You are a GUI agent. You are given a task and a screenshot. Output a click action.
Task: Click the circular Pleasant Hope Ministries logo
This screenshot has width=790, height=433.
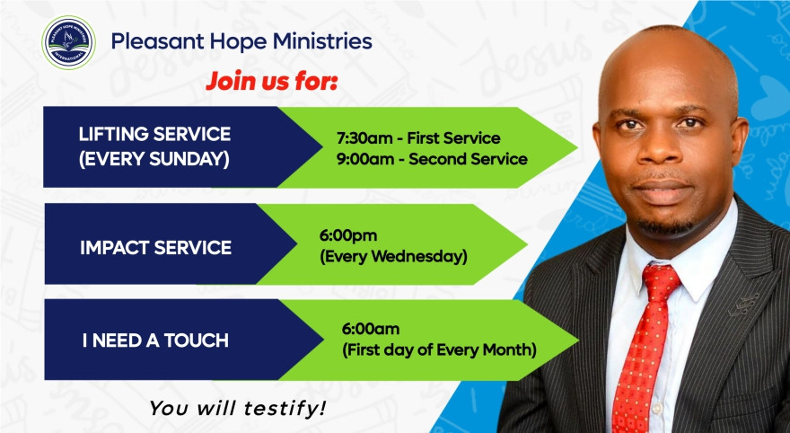[x=68, y=42]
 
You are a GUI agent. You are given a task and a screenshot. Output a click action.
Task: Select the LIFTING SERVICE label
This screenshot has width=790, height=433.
[x=154, y=134]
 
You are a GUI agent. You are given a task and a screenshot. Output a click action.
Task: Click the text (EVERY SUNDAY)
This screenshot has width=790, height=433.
[x=154, y=160]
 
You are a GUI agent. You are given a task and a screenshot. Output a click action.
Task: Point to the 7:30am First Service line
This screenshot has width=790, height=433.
[x=417, y=137]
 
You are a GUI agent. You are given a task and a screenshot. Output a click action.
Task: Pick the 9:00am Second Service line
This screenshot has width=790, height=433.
[x=431, y=159]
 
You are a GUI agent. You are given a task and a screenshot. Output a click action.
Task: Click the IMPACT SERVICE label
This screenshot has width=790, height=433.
[x=154, y=247]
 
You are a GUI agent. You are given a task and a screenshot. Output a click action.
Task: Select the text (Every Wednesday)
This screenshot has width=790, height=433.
[x=393, y=256]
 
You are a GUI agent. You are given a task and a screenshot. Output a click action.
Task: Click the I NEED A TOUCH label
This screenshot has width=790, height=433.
[x=154, y=340]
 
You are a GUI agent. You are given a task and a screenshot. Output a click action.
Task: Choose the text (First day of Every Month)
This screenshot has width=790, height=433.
[x=439, y=349]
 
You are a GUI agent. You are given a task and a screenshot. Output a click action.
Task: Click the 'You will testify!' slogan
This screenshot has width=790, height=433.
[x=238, y=408]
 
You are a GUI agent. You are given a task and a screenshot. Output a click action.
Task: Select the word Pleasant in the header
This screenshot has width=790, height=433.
[x=147, y=41]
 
